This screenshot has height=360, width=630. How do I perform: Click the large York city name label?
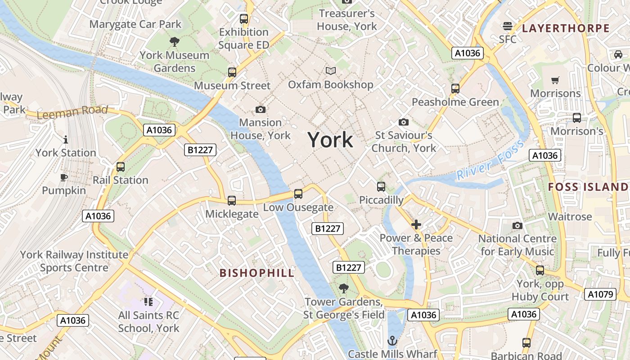(x=330, y=140)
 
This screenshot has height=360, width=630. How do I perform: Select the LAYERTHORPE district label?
(x=566, y=28)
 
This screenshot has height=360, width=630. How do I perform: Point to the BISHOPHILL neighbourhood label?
(x=257, y=273)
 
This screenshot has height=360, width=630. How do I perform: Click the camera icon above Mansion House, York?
(x=260, y=109)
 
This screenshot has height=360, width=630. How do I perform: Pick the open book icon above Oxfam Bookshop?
(x=331, y=71)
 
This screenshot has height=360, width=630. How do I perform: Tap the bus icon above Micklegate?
(x=232, y=201)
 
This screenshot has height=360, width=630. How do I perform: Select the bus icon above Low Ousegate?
(x=298, y=194)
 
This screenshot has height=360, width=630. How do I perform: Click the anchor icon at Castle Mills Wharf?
(x=392, y=341)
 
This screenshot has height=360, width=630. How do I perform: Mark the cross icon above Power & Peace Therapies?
(x=416, y=224)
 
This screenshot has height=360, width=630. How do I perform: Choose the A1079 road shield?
(x=600, y=294)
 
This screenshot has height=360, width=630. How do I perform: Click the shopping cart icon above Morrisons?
(x=555, y=80)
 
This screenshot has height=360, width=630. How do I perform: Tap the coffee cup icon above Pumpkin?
(x=64, y=177)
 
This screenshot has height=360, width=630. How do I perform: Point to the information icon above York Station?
(x=66, y=139)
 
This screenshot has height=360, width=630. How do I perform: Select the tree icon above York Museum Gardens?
(x=174, y=42)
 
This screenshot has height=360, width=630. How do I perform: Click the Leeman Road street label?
(x=72, y=111)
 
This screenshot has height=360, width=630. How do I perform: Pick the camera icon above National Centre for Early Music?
(x=517, y=225)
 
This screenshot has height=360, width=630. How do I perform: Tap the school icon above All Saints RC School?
(x=148, y=302)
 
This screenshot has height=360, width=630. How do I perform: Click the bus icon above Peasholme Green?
(x=455, y=89)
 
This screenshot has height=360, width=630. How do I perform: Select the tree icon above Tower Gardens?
(x=344, y=288)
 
